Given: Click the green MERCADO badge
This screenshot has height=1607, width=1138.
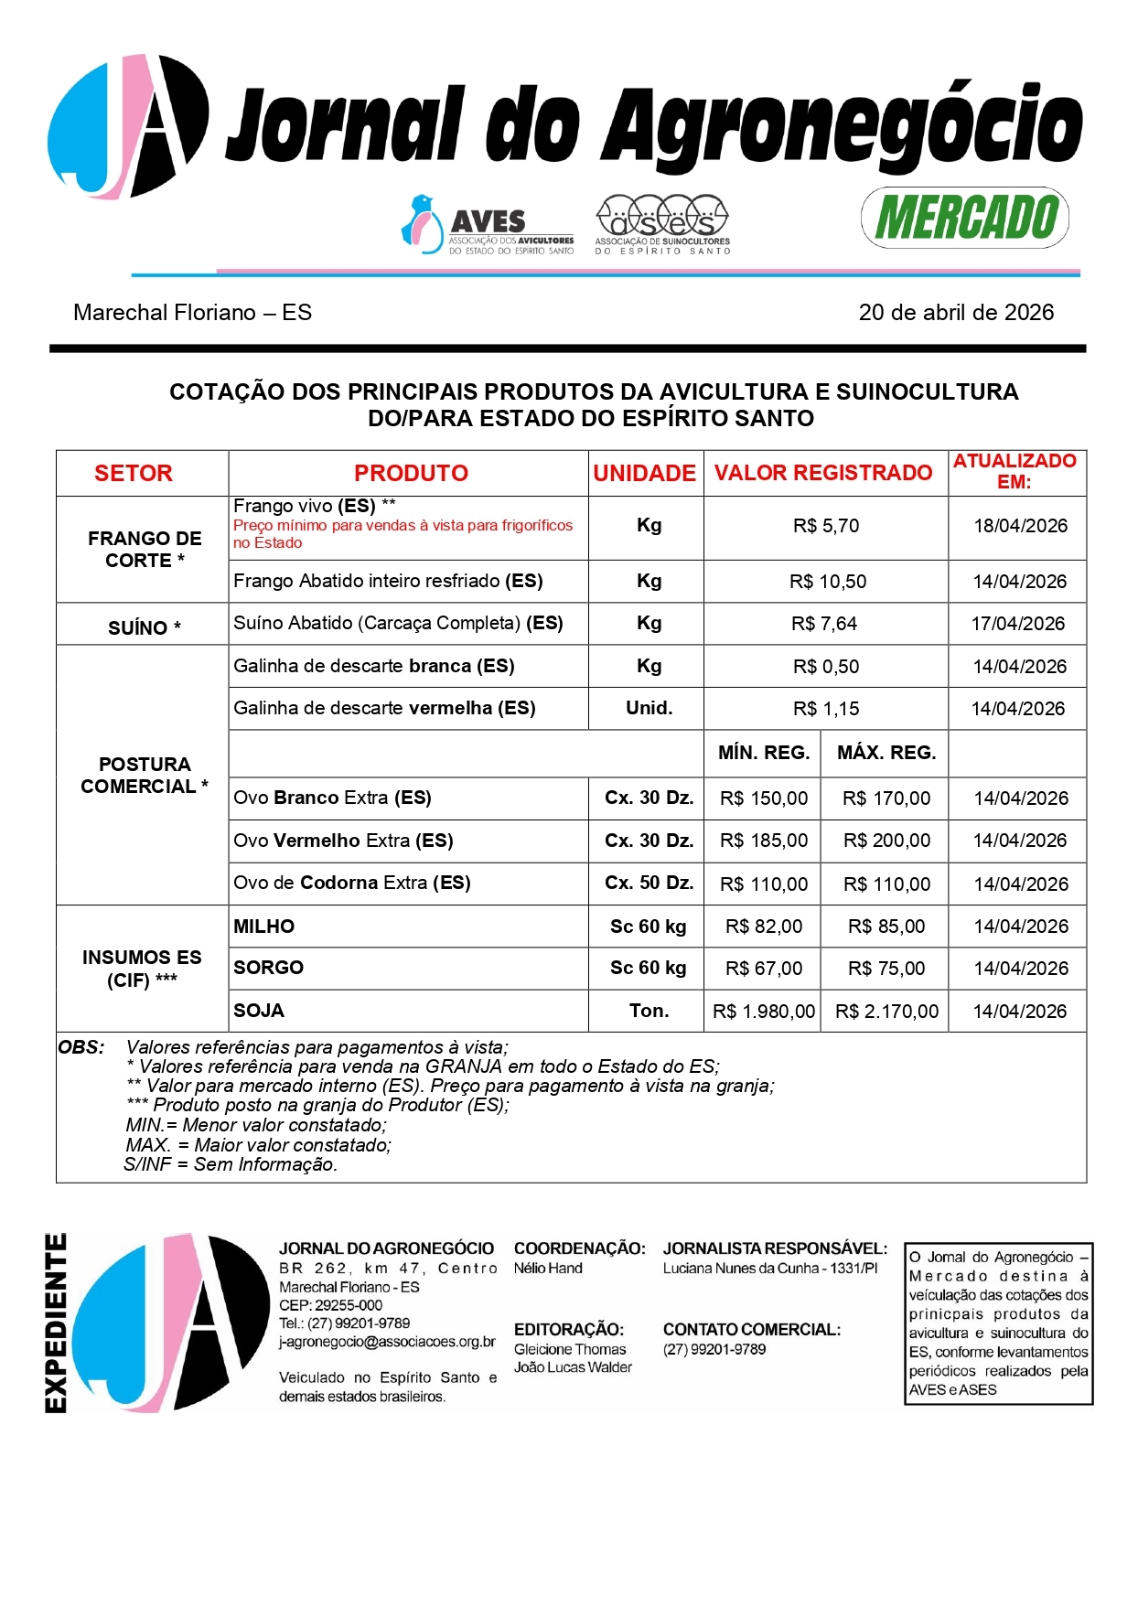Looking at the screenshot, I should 965,218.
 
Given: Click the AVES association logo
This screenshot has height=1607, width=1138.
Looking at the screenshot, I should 487,225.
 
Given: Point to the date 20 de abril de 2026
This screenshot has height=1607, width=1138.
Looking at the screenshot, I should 955,313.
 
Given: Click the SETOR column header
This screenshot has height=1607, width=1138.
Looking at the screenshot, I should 134,473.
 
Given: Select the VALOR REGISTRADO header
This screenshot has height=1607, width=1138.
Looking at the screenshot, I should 823,473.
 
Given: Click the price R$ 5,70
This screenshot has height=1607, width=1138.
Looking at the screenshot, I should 825,526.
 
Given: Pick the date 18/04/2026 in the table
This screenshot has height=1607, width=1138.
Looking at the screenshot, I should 1020,526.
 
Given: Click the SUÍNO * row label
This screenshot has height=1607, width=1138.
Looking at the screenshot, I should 144,627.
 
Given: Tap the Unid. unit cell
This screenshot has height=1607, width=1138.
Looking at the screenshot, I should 649,708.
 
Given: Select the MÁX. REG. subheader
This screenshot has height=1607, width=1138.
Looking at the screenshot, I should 886,753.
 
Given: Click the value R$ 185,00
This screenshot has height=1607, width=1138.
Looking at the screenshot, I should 764,841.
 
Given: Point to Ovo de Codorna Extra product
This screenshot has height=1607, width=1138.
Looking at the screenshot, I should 352,883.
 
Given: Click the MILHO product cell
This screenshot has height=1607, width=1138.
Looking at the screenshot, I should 264,927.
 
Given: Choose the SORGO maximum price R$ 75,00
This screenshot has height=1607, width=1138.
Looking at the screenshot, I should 886,969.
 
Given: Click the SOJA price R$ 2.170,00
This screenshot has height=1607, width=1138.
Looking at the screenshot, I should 886,1012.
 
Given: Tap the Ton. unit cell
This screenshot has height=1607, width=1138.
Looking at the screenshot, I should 649,1011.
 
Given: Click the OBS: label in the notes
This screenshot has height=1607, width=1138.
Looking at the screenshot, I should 81,1047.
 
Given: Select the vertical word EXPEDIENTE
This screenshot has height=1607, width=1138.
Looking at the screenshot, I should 57,1323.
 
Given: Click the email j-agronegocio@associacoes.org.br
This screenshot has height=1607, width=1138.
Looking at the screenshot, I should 387,1342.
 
